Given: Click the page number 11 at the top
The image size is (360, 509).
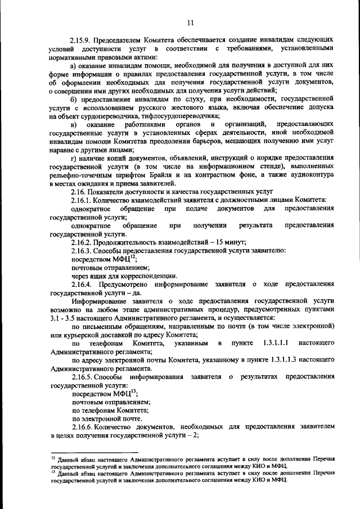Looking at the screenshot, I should (x=190, y=22).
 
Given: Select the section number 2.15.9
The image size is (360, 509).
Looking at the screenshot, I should (x=81, y=41).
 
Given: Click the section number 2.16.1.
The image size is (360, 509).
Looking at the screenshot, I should (x=81, y=200).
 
